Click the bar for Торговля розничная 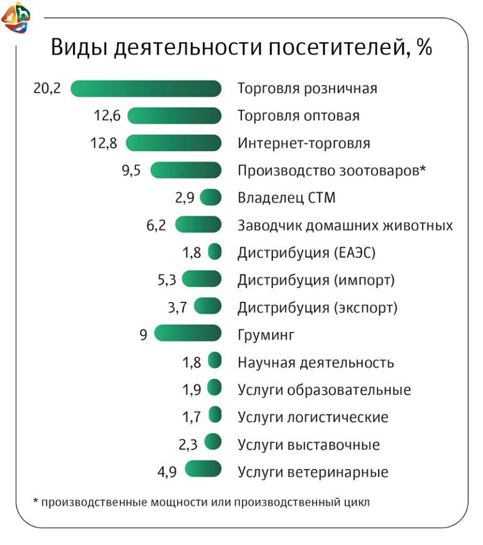tap(146, 89)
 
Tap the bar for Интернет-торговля tap(174, 143)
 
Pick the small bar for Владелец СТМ tap(211, 198)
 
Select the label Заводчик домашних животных tap(345, 226)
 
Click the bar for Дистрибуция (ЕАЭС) tap(215, 253)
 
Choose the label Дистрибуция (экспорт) tap(318, 308)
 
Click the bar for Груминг tap(187, 334)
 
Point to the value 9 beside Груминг tap(143, 335)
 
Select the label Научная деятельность tap(316, 363)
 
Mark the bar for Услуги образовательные tap(214, 390)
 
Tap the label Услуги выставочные tap(308, 445)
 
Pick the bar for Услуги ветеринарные tap(203, 471)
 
